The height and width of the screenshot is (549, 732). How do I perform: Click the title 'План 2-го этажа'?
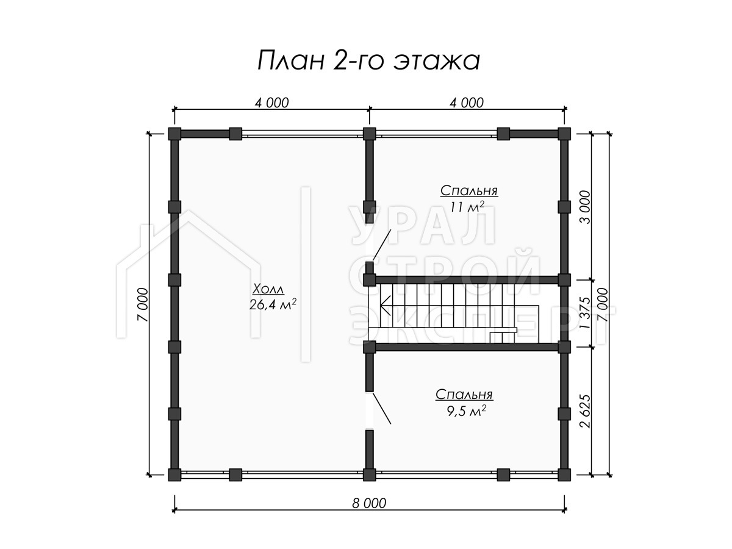[x=368, y=60]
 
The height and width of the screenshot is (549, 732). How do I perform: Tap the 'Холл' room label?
[x=268, y=289]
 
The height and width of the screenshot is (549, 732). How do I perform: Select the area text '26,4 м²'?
[x=273, y=304]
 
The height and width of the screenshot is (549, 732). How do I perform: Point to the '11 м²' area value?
[x=467, y=207]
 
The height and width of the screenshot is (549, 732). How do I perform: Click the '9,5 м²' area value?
[x=466, y=411]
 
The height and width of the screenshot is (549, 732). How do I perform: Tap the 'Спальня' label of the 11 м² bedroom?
[x=469, y=191]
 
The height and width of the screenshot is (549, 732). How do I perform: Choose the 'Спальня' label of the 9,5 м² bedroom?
[x=464, y=395]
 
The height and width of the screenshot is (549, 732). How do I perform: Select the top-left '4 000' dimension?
[x=271, y=103]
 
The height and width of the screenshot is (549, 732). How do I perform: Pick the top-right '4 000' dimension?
[x=466, y=103]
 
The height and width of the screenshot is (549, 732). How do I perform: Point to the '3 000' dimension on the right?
[x=585, y=207]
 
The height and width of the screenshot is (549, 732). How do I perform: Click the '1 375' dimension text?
[x=585, y=313]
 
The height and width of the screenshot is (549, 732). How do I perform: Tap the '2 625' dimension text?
[x=585, y=411]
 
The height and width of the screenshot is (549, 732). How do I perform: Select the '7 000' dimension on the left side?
[x=143, y=304]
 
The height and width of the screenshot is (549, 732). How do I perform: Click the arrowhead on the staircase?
[x=384, y=306]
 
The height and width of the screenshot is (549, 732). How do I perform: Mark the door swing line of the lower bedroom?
[x=381, y=409]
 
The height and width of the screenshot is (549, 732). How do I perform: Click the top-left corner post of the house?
[x=174, y=134]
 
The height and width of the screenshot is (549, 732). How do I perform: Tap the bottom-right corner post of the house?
[x=564, y=475]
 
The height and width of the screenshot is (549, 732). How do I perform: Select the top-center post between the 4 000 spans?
[x=369, y=134]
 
